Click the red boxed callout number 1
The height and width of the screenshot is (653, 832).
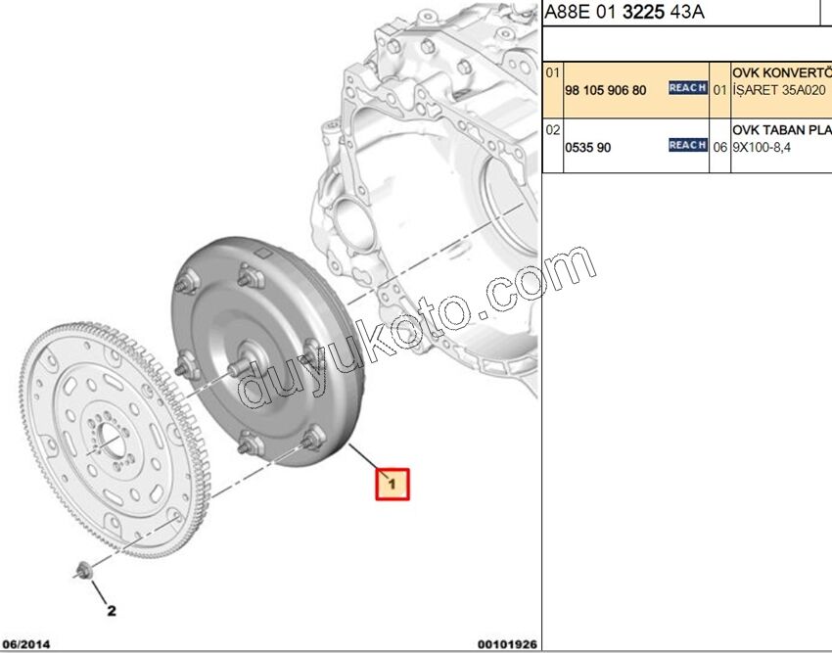point(391,483)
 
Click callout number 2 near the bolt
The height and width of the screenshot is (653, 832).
point(112,611)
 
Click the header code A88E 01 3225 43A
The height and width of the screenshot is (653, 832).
point(624,12)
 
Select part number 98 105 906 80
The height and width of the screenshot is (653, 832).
point(606,89)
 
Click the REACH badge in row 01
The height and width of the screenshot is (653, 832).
point(687,88)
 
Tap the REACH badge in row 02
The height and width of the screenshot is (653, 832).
point(687,145)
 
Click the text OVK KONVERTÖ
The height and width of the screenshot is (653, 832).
point(781,72)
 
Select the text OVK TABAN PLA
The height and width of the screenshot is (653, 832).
point(781,129)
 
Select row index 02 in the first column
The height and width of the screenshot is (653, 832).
point(553,129)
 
